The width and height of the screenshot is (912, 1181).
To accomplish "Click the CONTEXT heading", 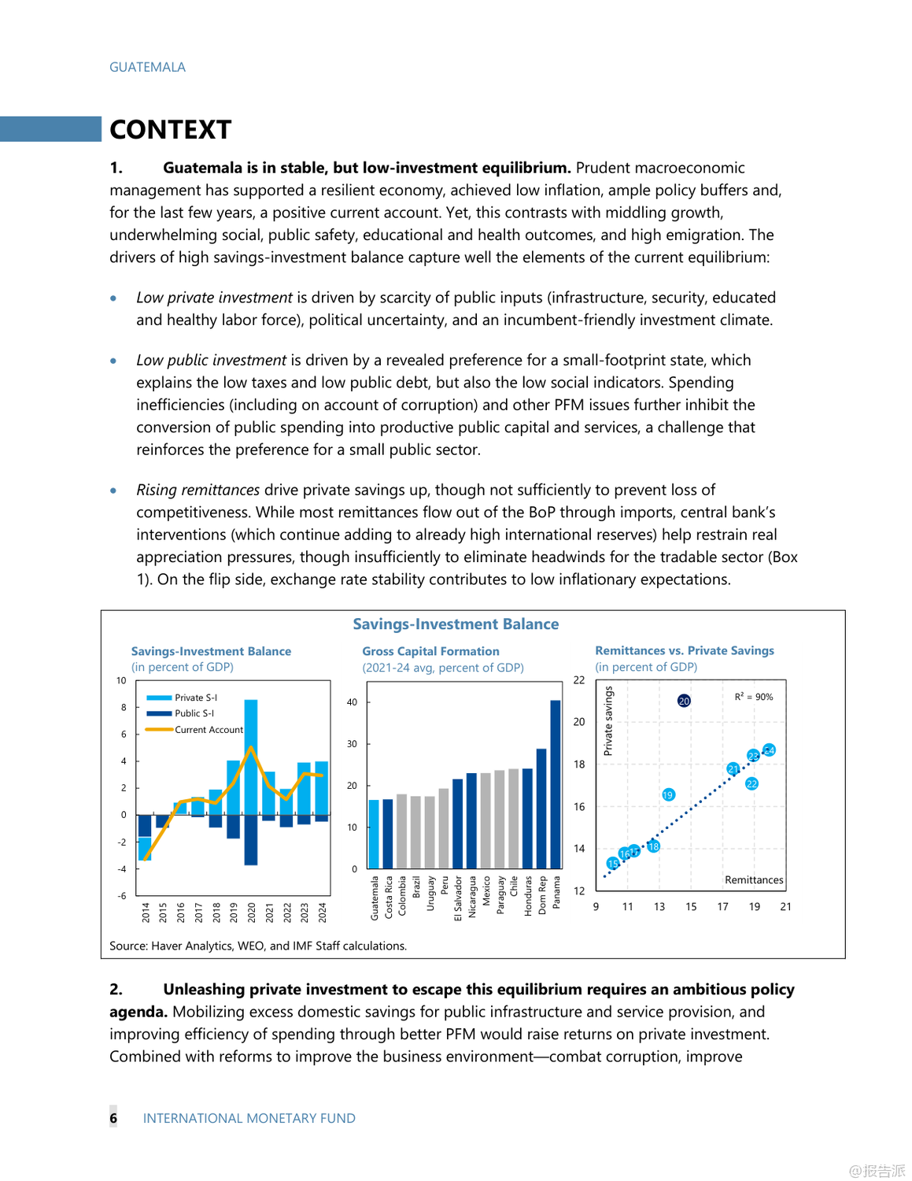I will click(170, 130).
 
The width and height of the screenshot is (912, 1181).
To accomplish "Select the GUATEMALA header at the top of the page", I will click(147, 67).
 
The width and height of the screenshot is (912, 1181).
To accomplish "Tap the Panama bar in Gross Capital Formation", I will click(556, 783).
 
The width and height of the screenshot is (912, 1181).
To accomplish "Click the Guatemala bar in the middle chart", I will click(374, 833).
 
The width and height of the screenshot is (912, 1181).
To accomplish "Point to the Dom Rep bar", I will click(541, 808).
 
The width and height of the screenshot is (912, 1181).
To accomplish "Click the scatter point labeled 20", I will click(684, 701).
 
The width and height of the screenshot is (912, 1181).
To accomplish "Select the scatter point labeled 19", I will click(668, 795).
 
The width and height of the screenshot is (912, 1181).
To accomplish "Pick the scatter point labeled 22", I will click(751, 783).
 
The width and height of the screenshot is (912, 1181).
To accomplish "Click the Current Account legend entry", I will click(209, 730).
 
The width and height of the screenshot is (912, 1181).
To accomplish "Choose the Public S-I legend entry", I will click(194, 713).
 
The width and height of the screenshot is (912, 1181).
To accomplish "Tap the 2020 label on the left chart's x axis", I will click(252, 912).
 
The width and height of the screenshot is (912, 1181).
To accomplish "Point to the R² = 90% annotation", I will click(753, 697).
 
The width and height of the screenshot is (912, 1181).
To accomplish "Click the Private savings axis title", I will click(607, 721).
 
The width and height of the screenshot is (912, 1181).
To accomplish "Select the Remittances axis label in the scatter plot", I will click(753, 880).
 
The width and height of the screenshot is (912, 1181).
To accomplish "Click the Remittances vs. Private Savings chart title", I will click(684, 650).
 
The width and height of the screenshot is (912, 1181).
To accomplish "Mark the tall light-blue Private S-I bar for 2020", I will click(251, 756).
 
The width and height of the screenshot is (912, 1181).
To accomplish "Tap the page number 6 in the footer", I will click(113, 1118).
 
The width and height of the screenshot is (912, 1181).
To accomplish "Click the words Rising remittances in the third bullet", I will click(198, 490).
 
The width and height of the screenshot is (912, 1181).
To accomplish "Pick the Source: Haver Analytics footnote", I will click(257, 946).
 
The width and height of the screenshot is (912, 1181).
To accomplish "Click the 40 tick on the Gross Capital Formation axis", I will click(352, 702).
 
